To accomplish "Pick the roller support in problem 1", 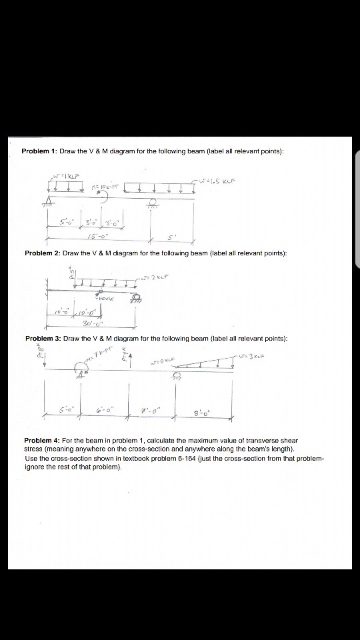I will click(155, 203).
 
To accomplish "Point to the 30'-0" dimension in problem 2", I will click(88, 326).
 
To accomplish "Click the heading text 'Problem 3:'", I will click(43, 339).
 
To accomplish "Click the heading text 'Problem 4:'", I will click(42, 441).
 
